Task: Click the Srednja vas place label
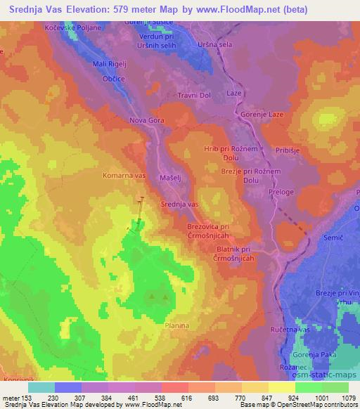pos(180,204)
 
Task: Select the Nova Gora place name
pos(147,121)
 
